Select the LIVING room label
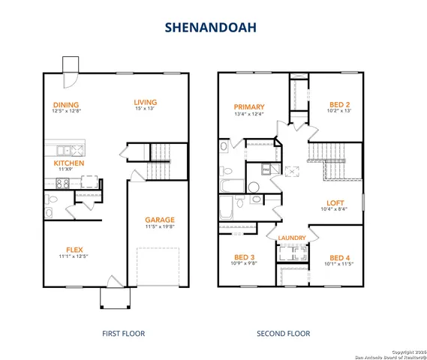click(145, 103)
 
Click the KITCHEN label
click(68, 163)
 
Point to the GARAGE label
click(160, 220)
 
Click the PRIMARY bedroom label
click(249, 106)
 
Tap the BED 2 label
click(341, 104)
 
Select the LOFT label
click(335, 202)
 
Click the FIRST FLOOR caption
click(123, 333)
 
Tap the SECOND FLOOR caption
click(283, 333)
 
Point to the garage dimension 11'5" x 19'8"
click(160, 227)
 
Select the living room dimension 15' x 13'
click(145, 110)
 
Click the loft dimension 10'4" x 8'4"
click(335, 210)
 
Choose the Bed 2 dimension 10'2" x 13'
click(341, 112)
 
